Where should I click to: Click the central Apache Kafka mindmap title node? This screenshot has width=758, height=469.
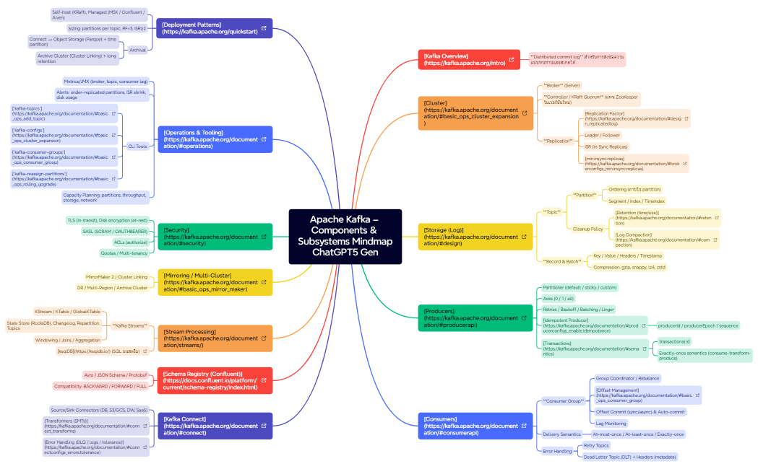[345, 236]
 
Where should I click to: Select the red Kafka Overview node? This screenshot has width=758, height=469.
[463, 59]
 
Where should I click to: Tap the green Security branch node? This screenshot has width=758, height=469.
[210, 237]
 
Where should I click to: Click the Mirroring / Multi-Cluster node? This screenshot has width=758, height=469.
[210, 282]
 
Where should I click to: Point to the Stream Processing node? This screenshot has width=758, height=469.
[210, 338]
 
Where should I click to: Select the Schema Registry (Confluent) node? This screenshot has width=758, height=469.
[210, 380]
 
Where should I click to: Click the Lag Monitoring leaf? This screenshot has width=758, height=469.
[611, 424]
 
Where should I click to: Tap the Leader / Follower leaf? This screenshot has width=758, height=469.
[603, 135]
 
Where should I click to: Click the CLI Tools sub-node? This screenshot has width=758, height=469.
[138, 146]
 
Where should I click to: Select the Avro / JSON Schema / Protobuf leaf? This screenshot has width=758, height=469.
[116, 375]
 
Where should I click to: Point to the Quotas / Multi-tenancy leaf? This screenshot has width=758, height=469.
[124, 253]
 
